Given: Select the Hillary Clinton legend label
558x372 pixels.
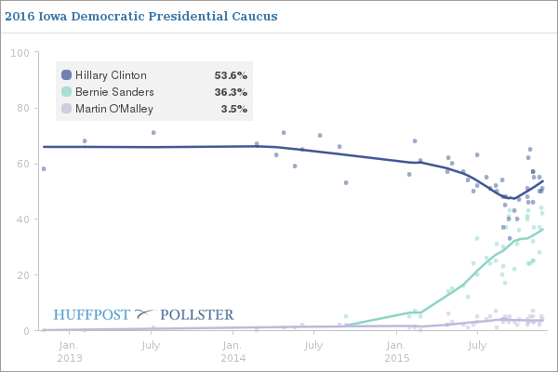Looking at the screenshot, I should point(110,75).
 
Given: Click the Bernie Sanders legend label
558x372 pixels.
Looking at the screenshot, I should point(113,92).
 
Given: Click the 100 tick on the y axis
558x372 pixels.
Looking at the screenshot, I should point(18,52).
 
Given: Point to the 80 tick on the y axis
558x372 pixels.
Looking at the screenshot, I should point(20,108).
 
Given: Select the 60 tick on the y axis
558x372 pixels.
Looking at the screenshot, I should point(20,164).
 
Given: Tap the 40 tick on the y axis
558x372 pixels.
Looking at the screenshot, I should point(20,219).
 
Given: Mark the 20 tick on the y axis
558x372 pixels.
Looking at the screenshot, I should point(20,275).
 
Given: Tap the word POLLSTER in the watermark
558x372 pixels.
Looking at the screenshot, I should point(197,314).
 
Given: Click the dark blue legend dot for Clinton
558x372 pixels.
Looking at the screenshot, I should point(66,75).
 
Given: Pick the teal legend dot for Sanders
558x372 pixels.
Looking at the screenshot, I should point(66,92).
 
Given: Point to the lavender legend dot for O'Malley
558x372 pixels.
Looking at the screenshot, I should point(66,109).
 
